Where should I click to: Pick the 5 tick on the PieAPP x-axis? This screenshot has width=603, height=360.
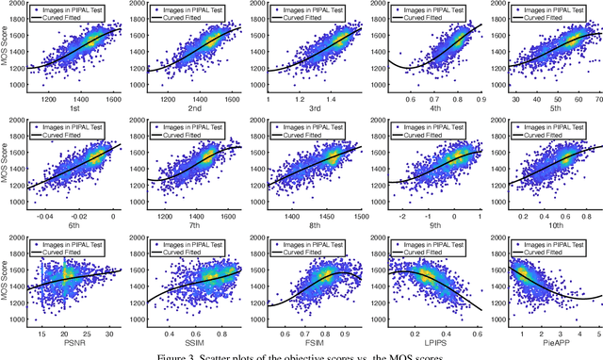point(597,335)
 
